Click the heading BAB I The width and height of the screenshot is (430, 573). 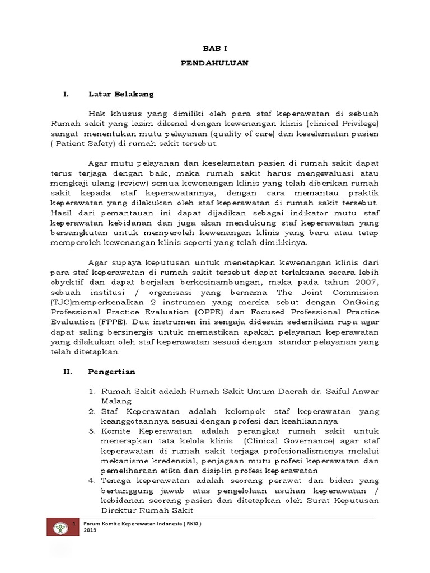[214, 49]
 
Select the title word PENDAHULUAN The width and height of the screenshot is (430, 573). [214, 63]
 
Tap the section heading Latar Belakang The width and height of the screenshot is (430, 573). [120, 93]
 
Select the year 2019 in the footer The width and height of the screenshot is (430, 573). [90, 532]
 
